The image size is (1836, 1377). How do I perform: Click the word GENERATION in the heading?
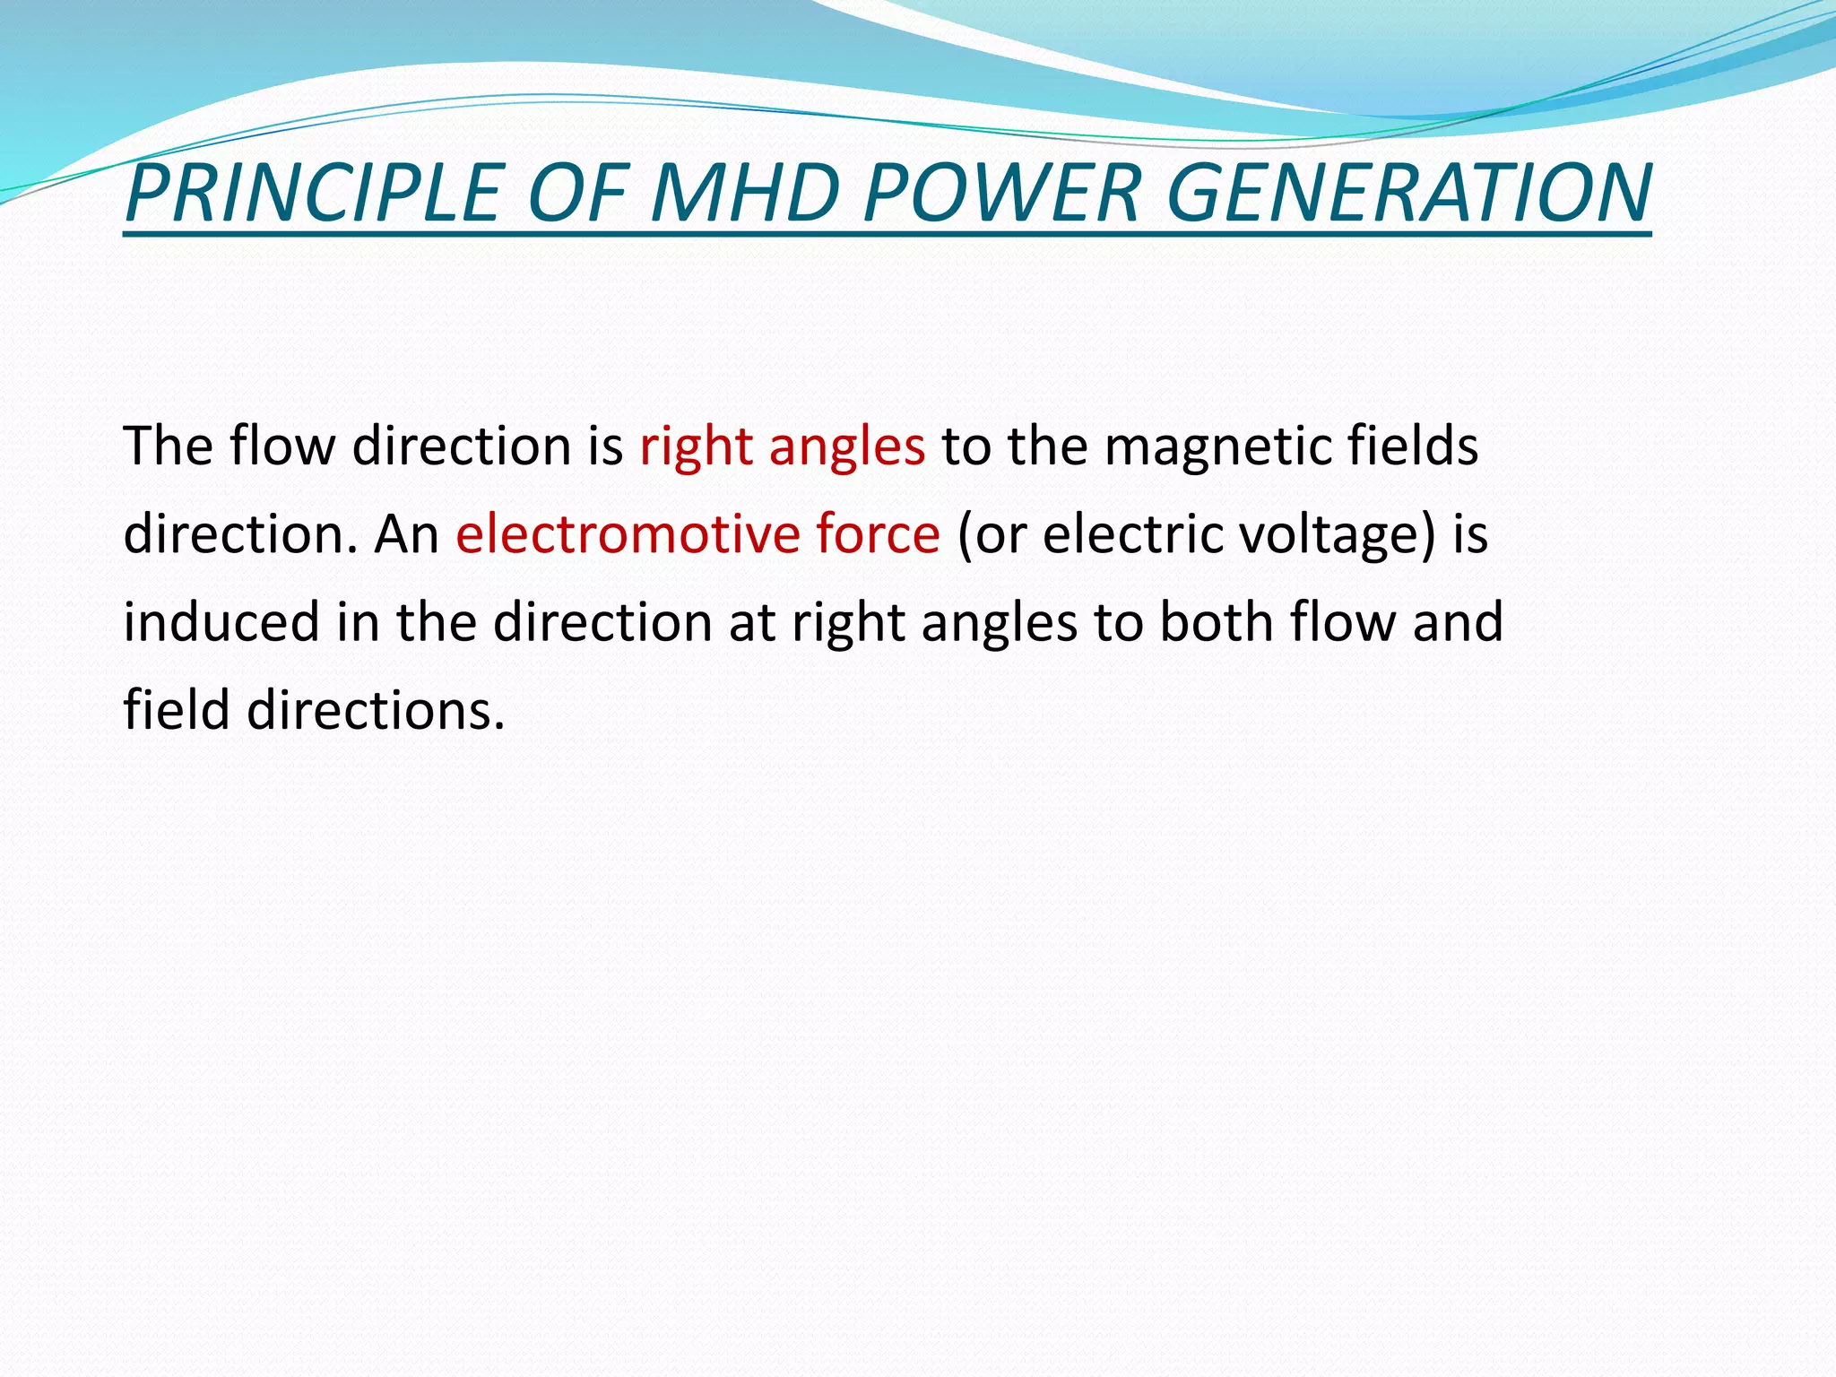(x=1408, y=193)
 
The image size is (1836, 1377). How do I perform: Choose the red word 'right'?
(x=696, y=446)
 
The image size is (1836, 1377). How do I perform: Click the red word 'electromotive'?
(x=627, y=534)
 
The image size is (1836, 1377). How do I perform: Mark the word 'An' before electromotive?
(x=406, y=534)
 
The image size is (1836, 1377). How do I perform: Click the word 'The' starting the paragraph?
(x=169, y=446)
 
